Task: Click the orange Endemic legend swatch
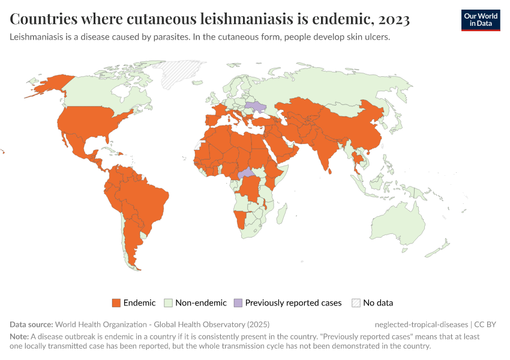(x=116, y=303)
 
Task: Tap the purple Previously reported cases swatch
(x=238, y=303)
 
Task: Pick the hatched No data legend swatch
(x=356, y=303)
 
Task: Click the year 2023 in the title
(x=393, y=19)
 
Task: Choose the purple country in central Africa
(x=246, y=173)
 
